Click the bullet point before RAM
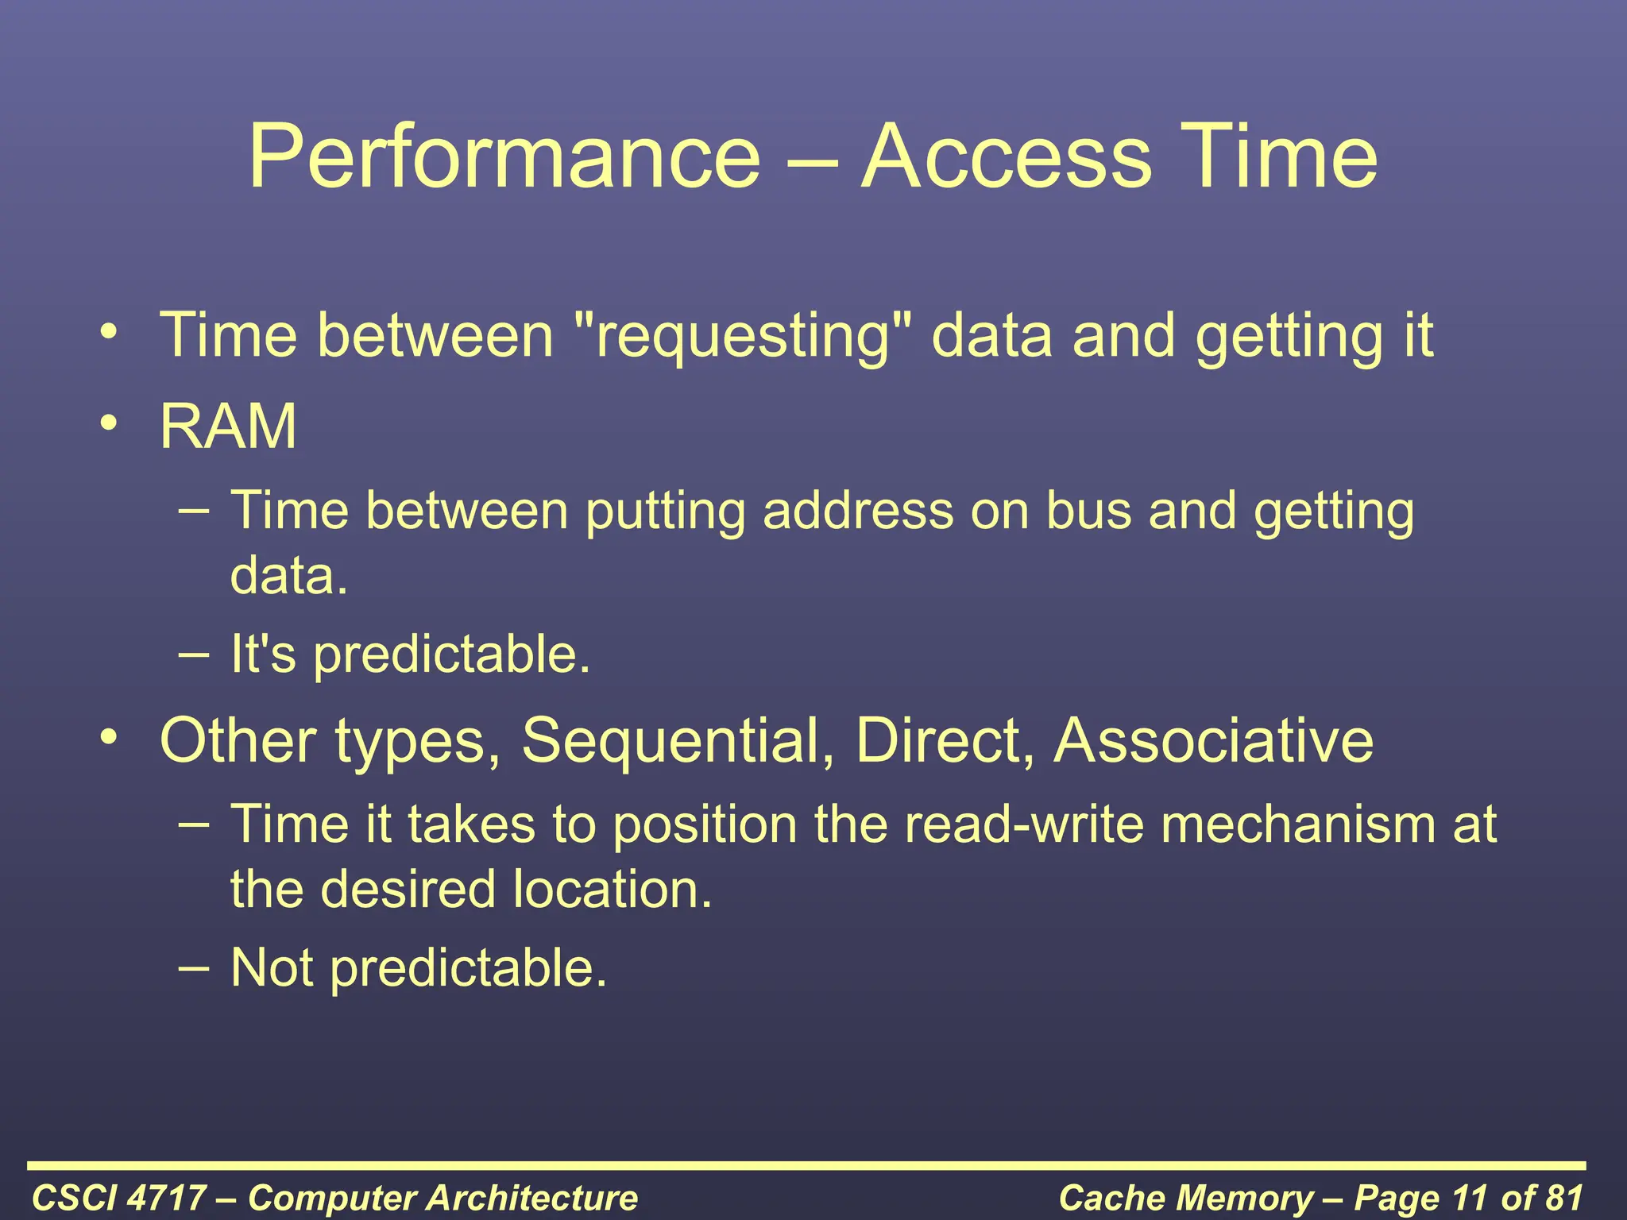click(110, 422)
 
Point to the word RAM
click(228, 427)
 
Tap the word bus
click(1088, 510)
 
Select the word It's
click(263, 654)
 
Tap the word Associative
click(1213, 740)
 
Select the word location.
click(612, 889)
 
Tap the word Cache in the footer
click(1105, 1198)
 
